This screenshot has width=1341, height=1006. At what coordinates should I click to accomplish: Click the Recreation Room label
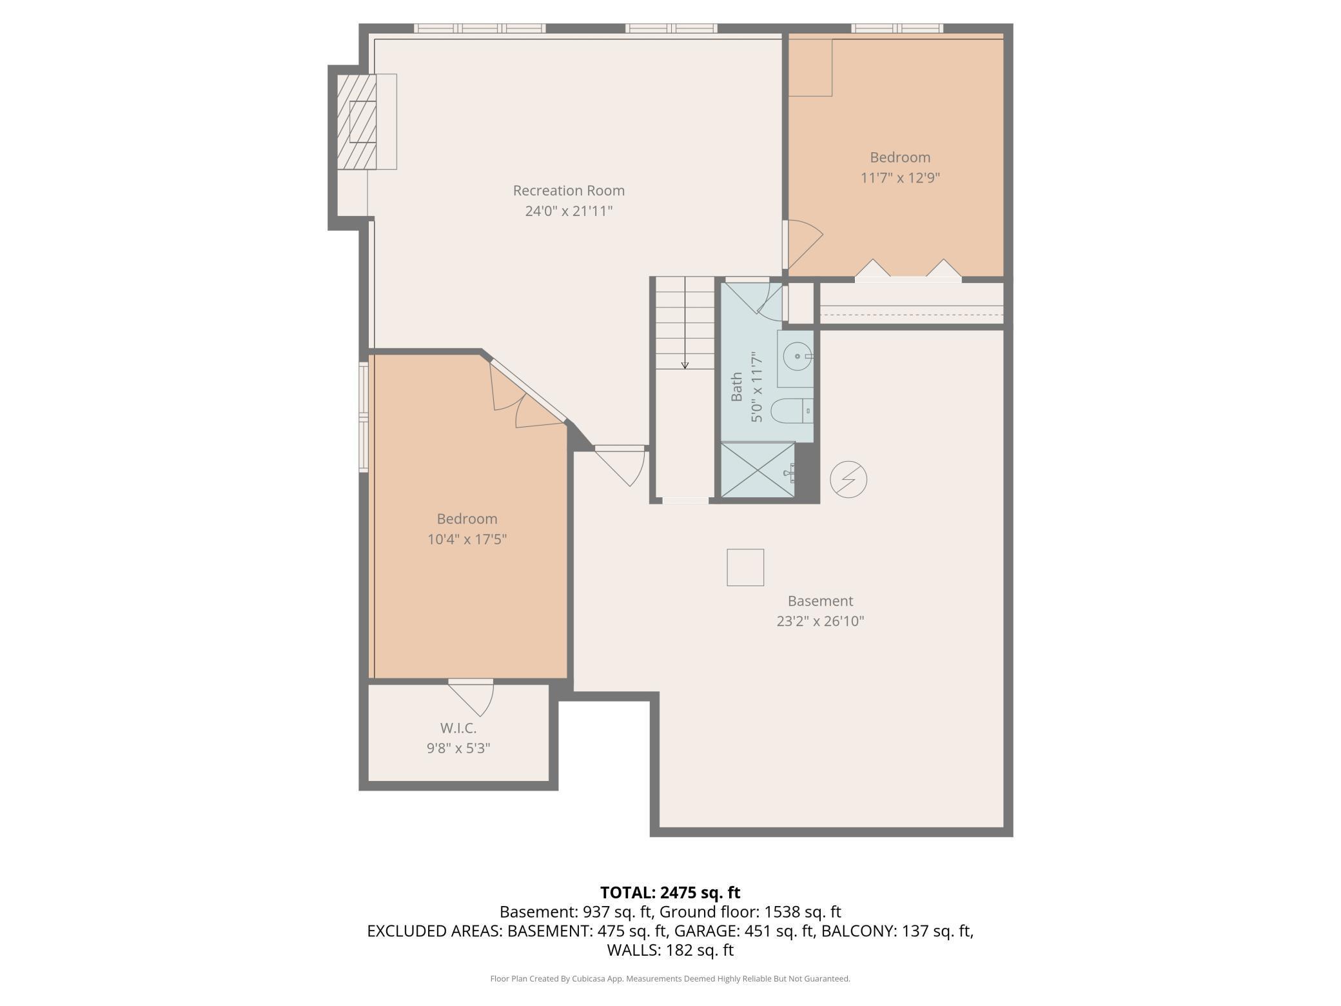click(568, 190)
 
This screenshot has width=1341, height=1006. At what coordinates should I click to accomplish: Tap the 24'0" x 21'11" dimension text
click(568, 211)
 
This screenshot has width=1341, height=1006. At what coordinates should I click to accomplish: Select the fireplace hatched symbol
click(357, 122)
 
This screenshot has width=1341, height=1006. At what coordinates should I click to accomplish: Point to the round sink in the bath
click(798, 356)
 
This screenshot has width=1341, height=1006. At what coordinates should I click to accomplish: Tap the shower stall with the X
click(758, 469)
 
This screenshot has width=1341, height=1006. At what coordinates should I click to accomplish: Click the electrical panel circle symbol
click(848, 479)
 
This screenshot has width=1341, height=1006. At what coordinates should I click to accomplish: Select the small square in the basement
click(745, 567)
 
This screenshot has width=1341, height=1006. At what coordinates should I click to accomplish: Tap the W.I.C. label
click(458, 728)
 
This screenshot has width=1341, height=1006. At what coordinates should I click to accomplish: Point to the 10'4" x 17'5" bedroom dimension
click(467, 539)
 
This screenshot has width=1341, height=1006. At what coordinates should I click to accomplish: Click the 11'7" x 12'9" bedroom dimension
click(900, 177)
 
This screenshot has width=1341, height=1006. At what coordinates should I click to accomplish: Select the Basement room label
click(820, 601)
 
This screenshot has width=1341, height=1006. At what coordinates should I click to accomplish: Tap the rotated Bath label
click(736, 387)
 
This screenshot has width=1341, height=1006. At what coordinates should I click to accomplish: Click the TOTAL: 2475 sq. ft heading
click(670, 893)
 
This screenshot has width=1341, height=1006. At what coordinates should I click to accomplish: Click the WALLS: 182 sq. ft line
click(670, 950)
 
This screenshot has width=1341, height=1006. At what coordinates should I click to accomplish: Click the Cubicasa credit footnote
click(670, 979)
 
